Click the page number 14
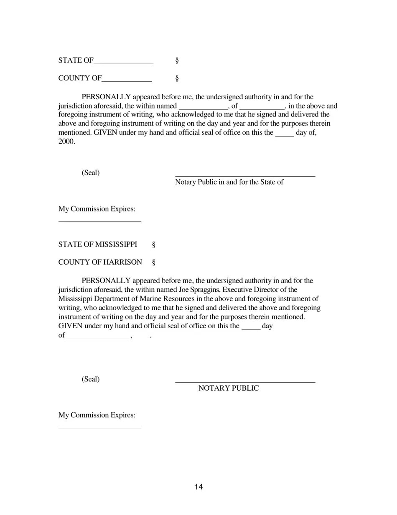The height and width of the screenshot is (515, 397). tap(198, 487)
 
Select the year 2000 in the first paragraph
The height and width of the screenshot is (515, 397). tap(66, 142)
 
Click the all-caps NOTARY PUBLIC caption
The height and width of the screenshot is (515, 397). tap(228, 388)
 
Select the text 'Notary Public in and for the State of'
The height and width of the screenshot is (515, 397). tap(229, 182)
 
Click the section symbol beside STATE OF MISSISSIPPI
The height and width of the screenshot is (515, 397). tap(154, 245)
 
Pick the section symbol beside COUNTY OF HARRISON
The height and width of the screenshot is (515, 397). tap(154, 263)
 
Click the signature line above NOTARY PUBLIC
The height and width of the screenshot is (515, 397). tap(245, 382)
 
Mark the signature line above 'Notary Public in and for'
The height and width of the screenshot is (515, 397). tap(245, 176)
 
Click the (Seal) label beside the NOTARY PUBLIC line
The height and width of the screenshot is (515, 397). tap(91, 379)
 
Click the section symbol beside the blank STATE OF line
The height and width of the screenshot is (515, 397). tap(177, 61)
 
